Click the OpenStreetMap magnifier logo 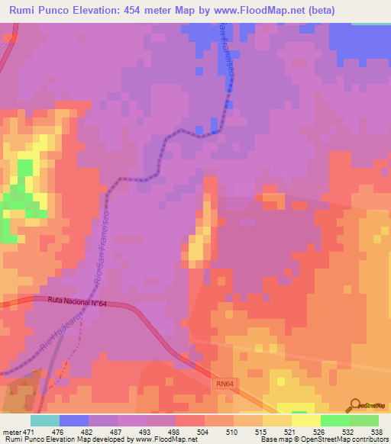(354, 404)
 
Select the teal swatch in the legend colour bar (45, 420)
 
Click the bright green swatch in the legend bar (335, 420)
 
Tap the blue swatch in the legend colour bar (74, 420)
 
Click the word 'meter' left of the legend (11, 431)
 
